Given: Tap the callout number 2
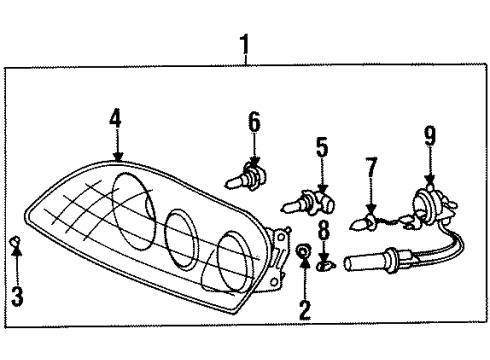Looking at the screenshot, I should [x=304, y=309].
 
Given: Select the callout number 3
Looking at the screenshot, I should [x=16, y=296].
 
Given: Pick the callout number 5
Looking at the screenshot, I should [x=322, y=148].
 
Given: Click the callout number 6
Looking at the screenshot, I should [x=254, y=123].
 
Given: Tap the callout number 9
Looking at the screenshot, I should [x=429, y=134].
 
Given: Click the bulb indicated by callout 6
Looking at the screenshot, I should [x=246, y=181].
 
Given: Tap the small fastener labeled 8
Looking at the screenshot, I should [x=323, y=266].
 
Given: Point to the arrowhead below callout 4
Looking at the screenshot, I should [x=118, y=156].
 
